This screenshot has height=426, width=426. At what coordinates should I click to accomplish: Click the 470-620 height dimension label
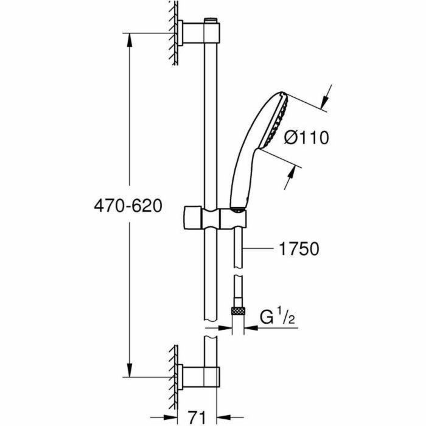coord(128,206)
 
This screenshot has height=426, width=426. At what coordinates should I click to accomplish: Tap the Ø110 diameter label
coord(307,139)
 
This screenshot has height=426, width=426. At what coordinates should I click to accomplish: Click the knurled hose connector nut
coord(238,310)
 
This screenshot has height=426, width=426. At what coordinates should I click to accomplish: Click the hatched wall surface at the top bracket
coord(174,33)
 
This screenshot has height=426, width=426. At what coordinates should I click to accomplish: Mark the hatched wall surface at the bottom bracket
coord(174,371)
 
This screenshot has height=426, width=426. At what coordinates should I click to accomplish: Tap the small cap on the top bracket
coord(211,22)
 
